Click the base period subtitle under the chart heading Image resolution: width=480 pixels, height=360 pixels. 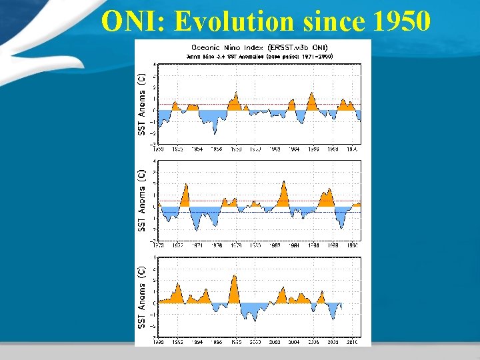[x=259, y=56]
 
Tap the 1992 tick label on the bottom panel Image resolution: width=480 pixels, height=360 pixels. [x=177, y=343]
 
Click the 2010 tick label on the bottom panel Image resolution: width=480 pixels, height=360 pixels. [x=353, y=343]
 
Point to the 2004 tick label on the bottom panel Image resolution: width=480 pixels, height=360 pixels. [x=294, y=343]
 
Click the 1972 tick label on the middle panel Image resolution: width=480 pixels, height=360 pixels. [x=178, y=245]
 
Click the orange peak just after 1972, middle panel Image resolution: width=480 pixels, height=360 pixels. [x=186, y=185]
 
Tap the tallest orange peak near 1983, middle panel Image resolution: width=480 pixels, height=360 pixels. [x=285, y=181]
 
